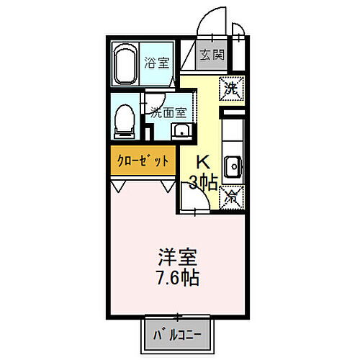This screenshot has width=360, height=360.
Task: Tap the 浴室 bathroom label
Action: tap(159, 62)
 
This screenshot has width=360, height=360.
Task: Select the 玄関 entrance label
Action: tap(212, 55)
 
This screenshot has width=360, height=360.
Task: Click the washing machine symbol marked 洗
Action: tap(231, 89)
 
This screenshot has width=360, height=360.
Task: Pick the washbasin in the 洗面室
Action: tap(181, 131)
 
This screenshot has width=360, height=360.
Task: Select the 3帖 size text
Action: tap(203, 181)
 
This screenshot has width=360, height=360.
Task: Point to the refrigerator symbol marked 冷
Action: tap(232, 194)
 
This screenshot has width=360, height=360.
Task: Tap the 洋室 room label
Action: tap(178, 256)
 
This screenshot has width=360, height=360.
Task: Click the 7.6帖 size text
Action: tap(178, 276)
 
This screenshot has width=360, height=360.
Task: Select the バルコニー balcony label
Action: tap(176, 334)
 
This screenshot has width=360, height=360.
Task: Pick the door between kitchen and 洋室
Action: tap(196, 202)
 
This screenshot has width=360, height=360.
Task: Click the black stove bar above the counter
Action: tap(233, 114)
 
